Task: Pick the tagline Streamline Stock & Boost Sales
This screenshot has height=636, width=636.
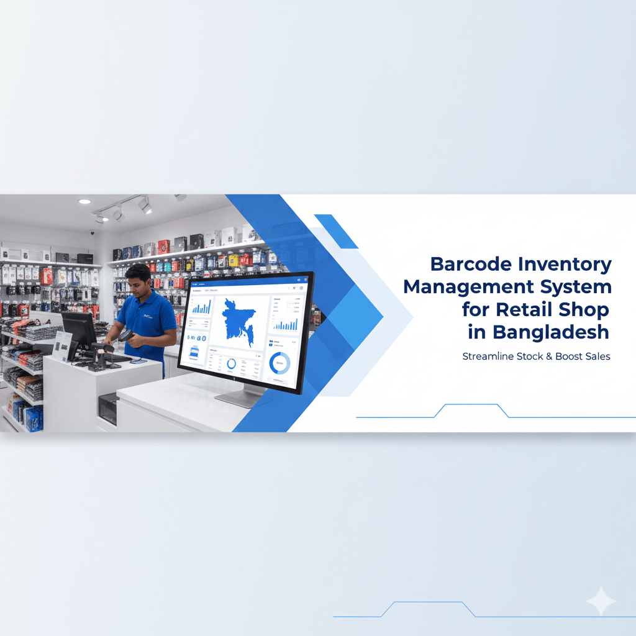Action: (x=536, y=357)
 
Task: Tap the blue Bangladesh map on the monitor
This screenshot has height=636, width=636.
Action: (x=240, y=322)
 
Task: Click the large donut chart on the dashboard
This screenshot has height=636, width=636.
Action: (x=279, y=363)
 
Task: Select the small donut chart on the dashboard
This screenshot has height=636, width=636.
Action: (x=231, y=364)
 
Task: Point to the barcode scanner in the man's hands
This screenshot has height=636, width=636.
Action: (x=126, y=335)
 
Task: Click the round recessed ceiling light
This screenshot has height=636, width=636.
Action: (x=84, y=202)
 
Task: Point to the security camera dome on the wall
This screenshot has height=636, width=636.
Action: (x=93, y=233)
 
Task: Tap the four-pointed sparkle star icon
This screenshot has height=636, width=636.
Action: (x=601, y=601)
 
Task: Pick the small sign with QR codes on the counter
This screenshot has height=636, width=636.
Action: (x=63, y=345)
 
